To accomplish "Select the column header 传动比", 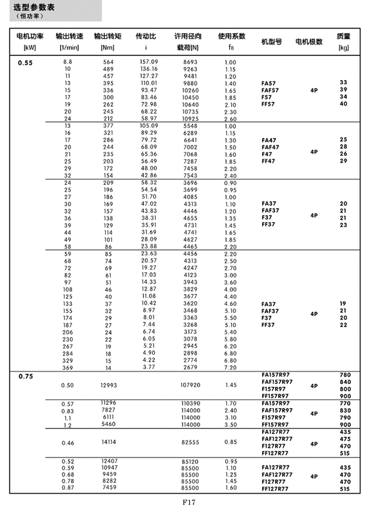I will click(145, 36).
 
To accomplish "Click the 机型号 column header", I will click(272, 42).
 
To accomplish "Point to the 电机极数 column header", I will click(309, 42).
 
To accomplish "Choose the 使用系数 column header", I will click(231, 36).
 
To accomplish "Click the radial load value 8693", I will click(190, 62).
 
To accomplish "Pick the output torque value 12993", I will click(108, 385).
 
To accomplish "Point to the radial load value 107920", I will click(190, 385).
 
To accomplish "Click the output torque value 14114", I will click(108, 443).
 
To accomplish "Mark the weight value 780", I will click(345, 374).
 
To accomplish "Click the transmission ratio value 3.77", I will click(149, 367).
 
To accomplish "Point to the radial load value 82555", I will click(190, 443).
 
